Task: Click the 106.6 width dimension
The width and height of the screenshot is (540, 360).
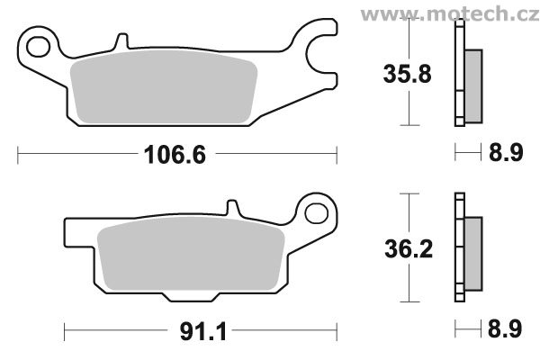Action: pos(175,155)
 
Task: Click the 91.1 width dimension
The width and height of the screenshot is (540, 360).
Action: pos(203,332)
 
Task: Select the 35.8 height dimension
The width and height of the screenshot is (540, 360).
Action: pos(407,74)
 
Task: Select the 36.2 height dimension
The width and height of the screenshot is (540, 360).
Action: pos(409,248)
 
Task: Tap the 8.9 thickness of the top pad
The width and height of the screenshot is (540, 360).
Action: pos(506,153)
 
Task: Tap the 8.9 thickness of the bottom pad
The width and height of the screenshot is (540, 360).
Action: pos(505,328)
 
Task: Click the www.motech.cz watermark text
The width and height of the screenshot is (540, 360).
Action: pos(450,14)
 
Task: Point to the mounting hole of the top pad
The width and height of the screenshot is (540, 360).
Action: pos(38,46)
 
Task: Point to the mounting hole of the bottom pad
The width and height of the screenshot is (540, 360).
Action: pos(317,213)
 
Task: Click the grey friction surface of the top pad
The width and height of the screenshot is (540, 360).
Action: pos(164,86)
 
